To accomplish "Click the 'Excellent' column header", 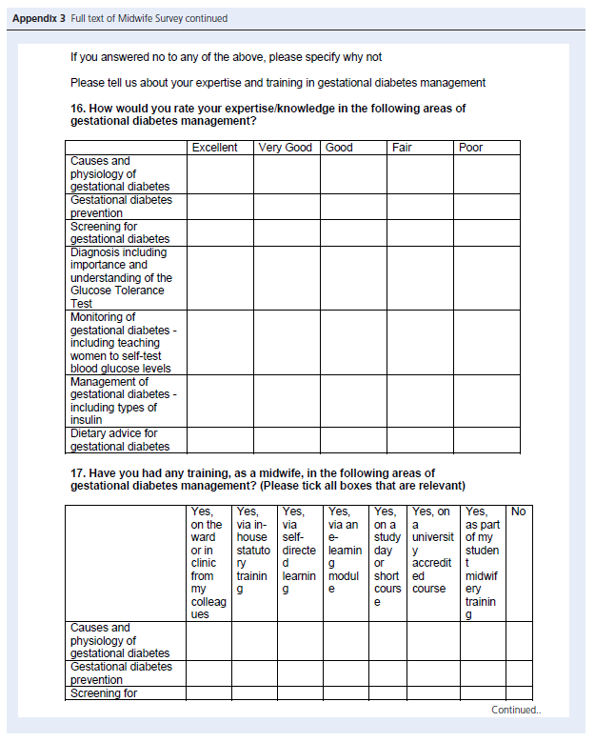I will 214,148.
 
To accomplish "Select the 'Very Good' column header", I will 286,148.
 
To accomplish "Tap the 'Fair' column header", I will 402,148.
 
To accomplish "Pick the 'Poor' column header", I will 470,148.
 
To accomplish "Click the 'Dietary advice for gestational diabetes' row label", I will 120,440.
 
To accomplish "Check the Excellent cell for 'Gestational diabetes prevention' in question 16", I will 220,207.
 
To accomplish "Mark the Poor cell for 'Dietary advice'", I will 486,440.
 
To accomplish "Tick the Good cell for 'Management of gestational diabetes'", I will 353,401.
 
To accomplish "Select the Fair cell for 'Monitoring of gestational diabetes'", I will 420,343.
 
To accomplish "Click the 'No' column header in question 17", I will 519,511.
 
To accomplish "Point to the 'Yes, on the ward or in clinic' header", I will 208,563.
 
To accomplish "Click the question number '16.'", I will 79,109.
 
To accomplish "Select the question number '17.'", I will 79,473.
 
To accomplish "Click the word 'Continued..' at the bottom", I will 515,710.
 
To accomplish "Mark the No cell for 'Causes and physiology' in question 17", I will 519,640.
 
